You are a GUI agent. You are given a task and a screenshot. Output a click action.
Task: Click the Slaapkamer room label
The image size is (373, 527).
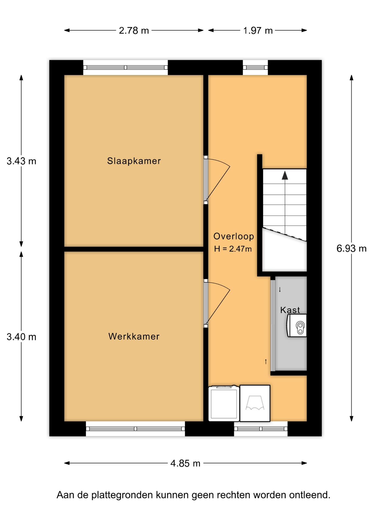(134, 161)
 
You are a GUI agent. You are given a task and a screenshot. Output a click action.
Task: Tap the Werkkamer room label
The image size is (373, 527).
(134, 336)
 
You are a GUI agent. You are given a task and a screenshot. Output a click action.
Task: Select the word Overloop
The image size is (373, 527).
(234, 236)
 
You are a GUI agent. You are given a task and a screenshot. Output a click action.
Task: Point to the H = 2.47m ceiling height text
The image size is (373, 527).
(233, 249)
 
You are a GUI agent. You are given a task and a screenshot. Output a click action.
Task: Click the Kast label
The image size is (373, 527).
(290, 310)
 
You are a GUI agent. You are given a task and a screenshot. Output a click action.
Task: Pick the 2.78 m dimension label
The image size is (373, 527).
(134, 30)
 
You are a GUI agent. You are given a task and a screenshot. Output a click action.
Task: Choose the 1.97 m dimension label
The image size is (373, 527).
(258, 30)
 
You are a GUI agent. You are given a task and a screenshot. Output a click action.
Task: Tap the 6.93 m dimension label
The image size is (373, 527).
(352, 249)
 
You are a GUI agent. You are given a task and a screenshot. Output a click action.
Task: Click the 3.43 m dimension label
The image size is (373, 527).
(21, 161)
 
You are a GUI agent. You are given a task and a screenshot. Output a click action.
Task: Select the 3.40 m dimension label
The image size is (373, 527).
(21, 337)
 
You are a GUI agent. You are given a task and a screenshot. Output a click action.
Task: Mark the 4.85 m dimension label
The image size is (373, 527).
(185, 464)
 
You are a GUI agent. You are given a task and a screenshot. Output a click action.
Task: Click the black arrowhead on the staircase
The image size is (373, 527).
(285, 175)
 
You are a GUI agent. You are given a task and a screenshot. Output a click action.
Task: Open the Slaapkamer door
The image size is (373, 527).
(217, 180)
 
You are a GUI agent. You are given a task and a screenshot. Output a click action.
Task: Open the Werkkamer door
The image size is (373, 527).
(217, 303)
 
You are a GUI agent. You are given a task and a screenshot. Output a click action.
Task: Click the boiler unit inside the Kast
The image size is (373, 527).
(297, 326)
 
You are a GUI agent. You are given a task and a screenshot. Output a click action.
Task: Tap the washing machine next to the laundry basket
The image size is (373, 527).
(224, 403)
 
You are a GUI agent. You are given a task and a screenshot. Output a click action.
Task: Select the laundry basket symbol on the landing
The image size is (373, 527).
(255, 403)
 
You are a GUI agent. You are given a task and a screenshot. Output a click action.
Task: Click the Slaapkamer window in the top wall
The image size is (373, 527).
(126, 68)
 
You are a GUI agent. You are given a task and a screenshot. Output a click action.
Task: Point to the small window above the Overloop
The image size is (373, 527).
(255, 68)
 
